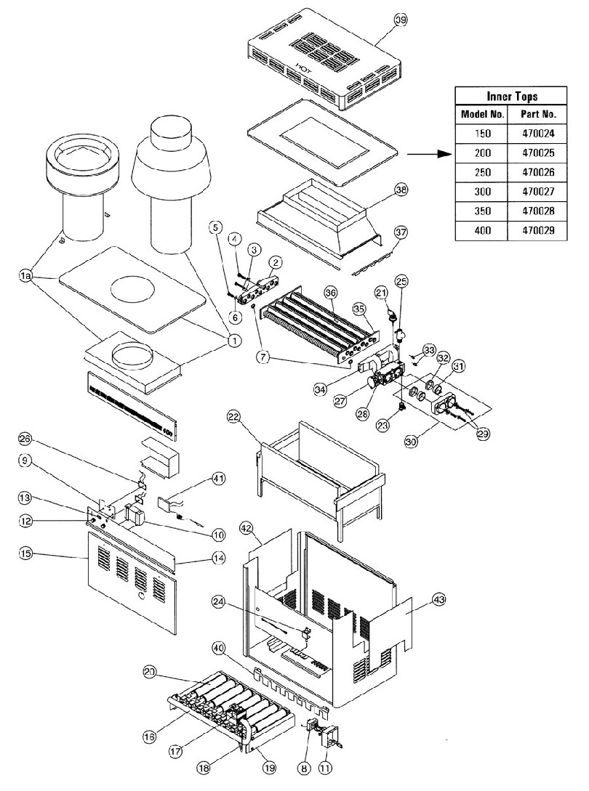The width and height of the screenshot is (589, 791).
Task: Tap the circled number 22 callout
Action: (x=233, y=416)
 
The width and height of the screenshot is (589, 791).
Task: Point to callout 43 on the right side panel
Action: (x=438, y=599)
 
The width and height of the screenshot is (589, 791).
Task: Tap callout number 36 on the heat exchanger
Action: (x=331, y=293)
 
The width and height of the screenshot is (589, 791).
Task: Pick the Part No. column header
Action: (x=538, y=115)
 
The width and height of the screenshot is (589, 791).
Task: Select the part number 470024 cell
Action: (x=538, y=134)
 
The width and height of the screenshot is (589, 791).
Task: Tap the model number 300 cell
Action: (x=482, y=192)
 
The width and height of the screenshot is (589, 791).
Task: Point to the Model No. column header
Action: (x=482, y=115)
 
